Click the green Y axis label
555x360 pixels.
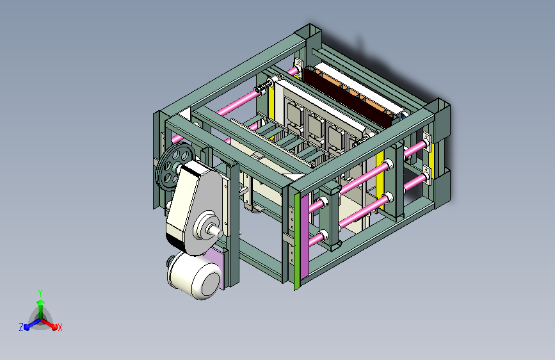pyautogui.click(x=40, y=293)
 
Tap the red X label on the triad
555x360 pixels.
pyautogui.click(x=60, y=327)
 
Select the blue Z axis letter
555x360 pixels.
pyautogui.click(x=21, y=327)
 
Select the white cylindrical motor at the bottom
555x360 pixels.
pyautogui.click(x=193, y=275)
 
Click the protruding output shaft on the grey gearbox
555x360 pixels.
pyautogui.click(x=216, y=231)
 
